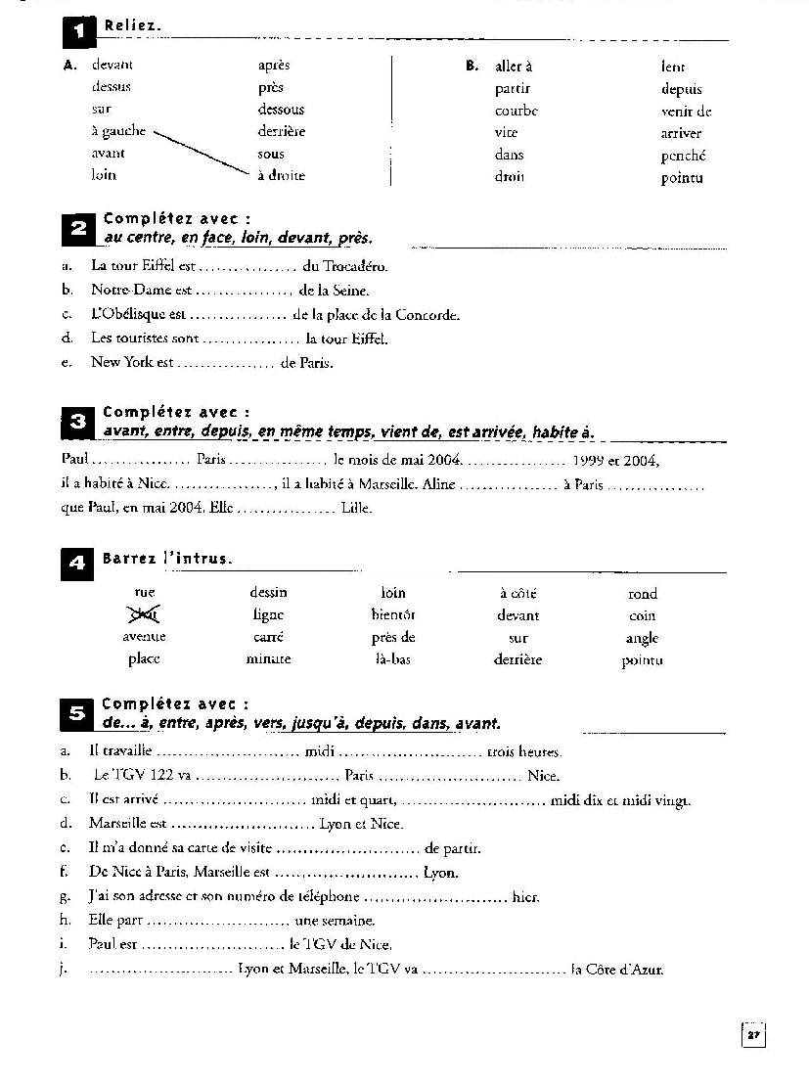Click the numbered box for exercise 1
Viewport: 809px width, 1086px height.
pos(78,33)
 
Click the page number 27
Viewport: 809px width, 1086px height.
pos(753,1035)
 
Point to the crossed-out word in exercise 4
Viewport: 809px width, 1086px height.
pos(145,614)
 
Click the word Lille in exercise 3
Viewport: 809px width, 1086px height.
pos(356,508)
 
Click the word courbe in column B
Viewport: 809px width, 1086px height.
pos(516,111)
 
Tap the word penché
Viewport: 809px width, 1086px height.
pos(683,156)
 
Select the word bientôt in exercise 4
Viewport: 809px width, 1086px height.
pos(393,615)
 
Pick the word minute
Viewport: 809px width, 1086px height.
pos(268,659)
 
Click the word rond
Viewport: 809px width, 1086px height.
pos(643,593)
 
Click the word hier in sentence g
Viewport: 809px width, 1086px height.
pos(526,896)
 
